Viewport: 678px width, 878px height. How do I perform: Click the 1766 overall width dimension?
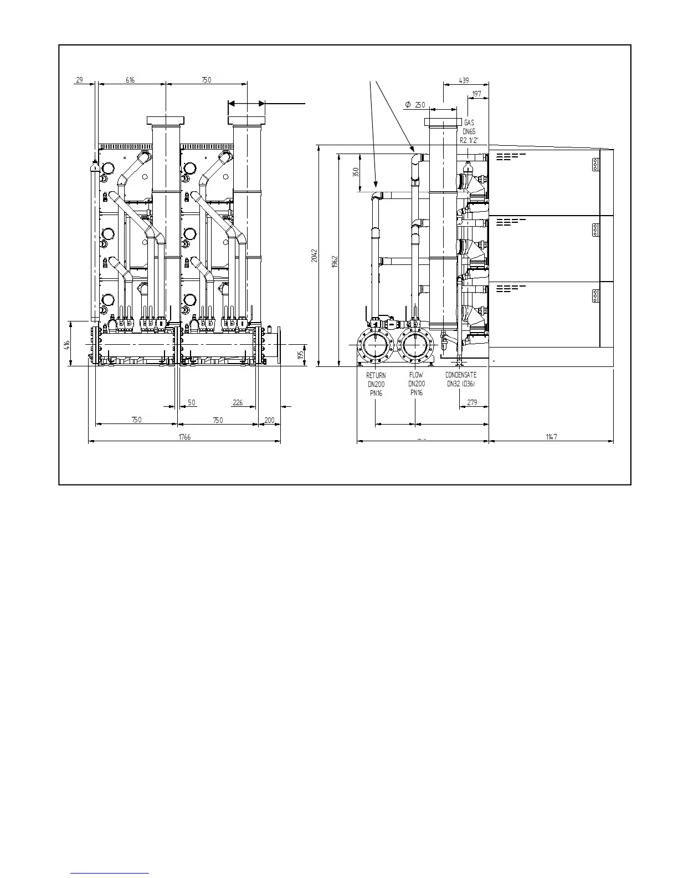(x=184, y=437)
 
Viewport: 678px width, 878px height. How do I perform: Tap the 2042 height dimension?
(x=315, y=256)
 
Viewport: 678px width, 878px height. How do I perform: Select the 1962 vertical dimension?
(x=335, y=263)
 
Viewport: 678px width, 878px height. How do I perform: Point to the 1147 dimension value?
(x=551, y=437)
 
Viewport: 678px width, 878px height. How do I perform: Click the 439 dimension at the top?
(x=464, y=80)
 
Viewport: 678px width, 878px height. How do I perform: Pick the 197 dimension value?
(x=477, y=94)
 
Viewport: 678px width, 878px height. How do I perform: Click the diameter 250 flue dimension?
(x=415, y=105)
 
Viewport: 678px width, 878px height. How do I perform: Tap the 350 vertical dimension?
(x=356, y=173)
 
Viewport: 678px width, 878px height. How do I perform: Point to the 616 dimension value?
(x=130, y=80)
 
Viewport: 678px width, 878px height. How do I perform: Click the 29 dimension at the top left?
(x=79, y=80)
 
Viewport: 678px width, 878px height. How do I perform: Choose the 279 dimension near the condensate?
(x=472, y=402)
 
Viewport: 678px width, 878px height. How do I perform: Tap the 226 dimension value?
(x=238, y=402)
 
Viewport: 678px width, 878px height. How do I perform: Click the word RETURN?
(x=376, y=375)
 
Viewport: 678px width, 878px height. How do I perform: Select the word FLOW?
(x=416, y=375)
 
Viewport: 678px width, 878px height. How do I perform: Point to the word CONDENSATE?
(x=461, y=375)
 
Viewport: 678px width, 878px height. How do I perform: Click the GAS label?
(x=469, y=122)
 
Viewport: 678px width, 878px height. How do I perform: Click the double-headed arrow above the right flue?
(x=246, y=104)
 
